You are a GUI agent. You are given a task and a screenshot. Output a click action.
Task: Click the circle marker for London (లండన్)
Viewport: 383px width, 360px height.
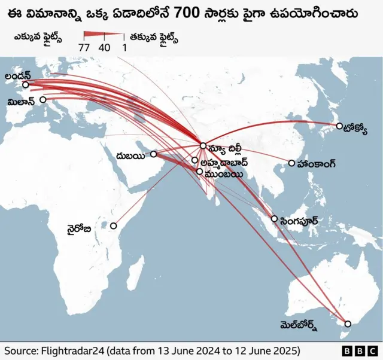[25, 85]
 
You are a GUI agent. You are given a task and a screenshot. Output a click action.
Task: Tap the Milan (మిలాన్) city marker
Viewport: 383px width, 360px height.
[42, 100]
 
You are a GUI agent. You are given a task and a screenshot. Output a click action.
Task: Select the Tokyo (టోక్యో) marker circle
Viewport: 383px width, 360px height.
[339, 126]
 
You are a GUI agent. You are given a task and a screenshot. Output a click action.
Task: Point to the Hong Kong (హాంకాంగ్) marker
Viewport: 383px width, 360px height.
[291, 163]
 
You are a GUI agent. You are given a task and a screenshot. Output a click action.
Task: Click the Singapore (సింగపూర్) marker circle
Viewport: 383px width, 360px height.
[274, 219]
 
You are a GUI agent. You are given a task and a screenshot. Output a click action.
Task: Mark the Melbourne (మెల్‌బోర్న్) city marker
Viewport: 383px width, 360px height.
[348, 324]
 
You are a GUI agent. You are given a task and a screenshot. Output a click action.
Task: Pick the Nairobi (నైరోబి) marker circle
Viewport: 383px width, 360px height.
[113, 227]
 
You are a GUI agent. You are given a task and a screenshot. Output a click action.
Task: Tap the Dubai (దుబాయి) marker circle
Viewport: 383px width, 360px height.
[153, 154]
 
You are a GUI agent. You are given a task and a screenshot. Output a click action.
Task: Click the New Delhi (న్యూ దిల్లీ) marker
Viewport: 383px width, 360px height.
[203, 145]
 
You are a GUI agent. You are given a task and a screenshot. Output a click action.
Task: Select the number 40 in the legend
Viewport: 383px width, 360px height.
[104, 47]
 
